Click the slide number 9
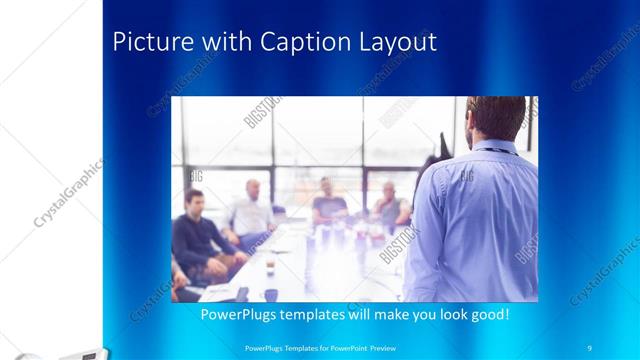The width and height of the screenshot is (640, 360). pyautogui.click(x=590, y=347)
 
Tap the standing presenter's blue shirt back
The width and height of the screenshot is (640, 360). pyautogui.click(x=480, y=220)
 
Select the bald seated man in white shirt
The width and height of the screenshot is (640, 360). pyautogui.click(x=249, y=210)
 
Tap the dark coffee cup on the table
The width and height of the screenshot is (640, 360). pyautogui.click(x=270, y=293)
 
